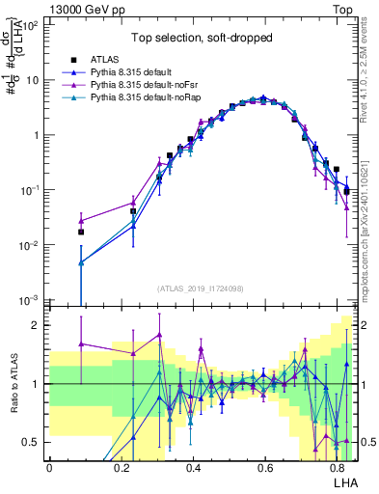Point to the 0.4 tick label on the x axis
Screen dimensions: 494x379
(x=193, y=466)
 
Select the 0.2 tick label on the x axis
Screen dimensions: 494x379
(x=122, y=466)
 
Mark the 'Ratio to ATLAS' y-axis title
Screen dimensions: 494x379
(x=14, y=384)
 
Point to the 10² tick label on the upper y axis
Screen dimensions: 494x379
(x=32, y=26)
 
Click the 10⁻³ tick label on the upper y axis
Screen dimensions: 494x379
(x=32, y=300)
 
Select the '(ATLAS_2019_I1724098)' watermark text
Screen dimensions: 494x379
(x=201, y=288)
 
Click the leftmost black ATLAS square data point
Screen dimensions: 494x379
(x=81, y=232)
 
